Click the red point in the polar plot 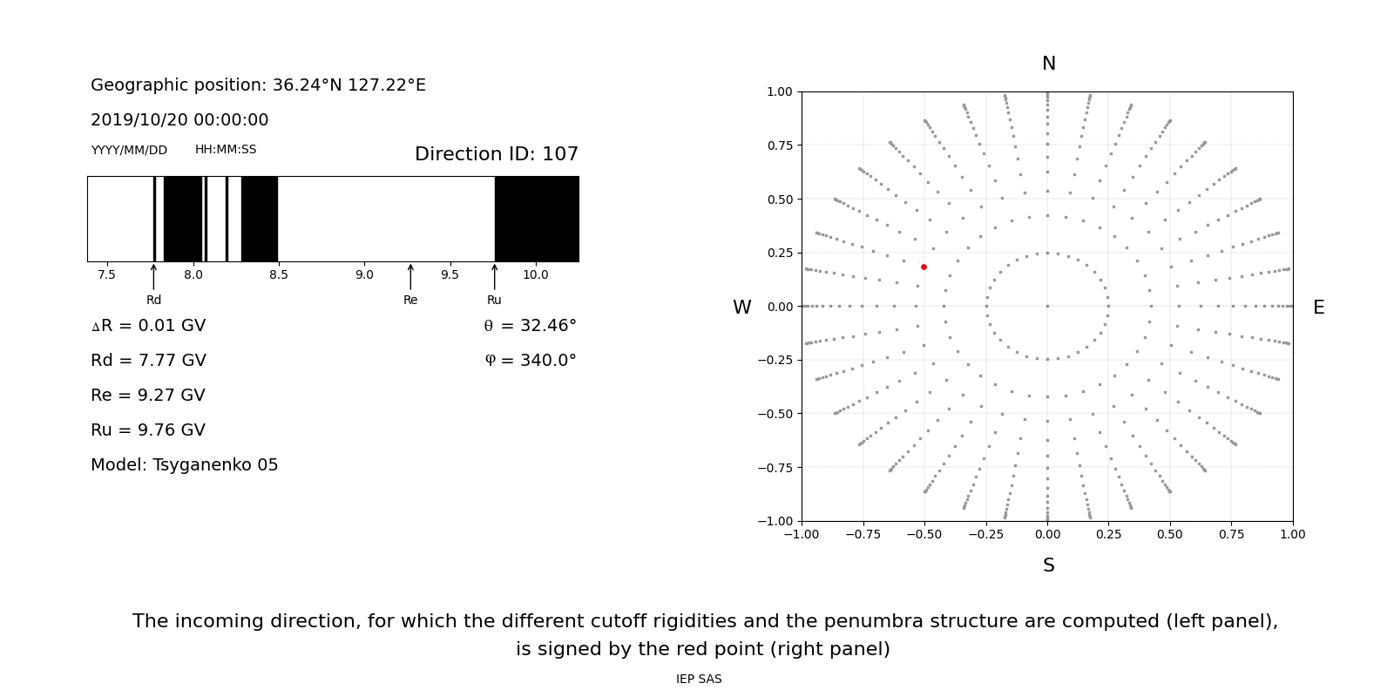pyautogui.click(x=924, y=267)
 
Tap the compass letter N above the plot pyautogui.click(x=1048, y=64)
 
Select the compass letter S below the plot pyautogui.click(x=1048, y=565)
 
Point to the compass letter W pyautogui.click(x=741, y=308)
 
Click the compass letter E pyautogui.click(x=1318, y=308)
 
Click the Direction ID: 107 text pyautogui.click(x=496, y=154)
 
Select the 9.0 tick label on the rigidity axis pyautogui.click(x=364, y=274)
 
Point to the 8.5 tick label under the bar pyautogui.click(x=278, y=274)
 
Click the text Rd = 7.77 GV pyautogui.click(x=148, y=361)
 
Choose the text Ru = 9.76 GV pyautogui.click(x=148, y=430)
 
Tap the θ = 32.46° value pyautogui.click(x=530, y=326)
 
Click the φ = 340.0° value pyautogui.click(x=530, y=361)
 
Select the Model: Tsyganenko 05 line pyautogui.click(x=185, y=465)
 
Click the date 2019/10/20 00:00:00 pyautogui.click(x=179, y=120)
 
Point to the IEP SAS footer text pyautogui.click(x=699, y=680)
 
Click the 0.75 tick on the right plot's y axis pyautogui.click(x=780, y=145)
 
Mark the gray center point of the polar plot pyautogui.click(x=1047, y=306)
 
